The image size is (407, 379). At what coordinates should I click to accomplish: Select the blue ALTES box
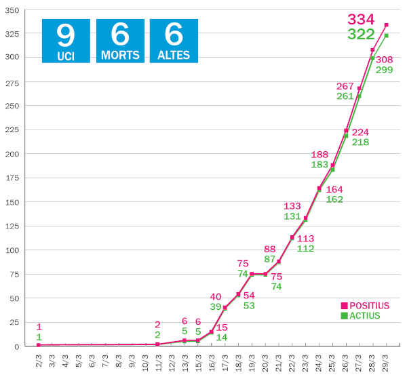click(173, 41)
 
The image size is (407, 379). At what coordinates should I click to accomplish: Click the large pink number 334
click(361, 20)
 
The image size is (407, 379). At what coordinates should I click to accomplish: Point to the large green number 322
click(361, 34)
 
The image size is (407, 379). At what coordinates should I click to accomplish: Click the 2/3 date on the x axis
click(38, 359)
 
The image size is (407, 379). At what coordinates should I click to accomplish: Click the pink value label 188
click(320, 155)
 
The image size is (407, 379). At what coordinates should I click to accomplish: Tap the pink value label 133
click(293, 206)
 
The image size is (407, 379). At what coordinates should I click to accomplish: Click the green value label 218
click(360, 142)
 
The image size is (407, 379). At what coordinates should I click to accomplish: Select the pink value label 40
click(216, 296)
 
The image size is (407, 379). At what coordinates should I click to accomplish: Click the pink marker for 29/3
click(386, 24)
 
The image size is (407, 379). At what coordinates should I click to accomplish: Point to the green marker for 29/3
click(386, 35)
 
